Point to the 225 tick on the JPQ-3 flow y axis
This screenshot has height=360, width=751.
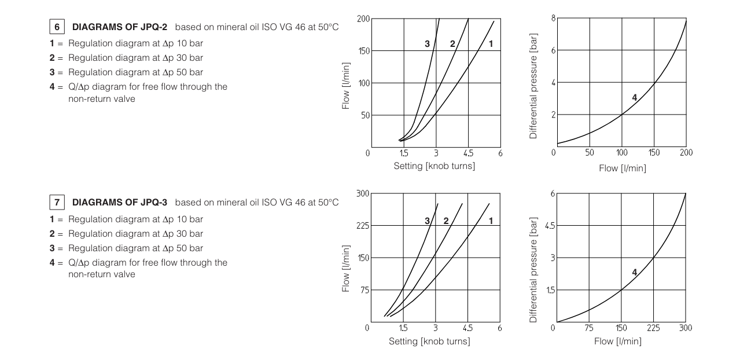[x=362, y=225]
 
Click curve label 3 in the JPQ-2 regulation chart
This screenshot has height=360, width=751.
[x=426, y=44]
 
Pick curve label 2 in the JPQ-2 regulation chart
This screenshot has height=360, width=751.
[x=452, y=44]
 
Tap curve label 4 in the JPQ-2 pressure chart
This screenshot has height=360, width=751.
[x=634, y=98]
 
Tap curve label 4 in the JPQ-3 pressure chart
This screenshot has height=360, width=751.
[x=634, y=272]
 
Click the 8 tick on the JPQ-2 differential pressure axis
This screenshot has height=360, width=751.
[x=552, y=19]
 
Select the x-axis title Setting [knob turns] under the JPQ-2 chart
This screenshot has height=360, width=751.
[x=434, y=167]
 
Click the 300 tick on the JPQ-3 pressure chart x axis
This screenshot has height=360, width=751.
[x=685, y=328]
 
